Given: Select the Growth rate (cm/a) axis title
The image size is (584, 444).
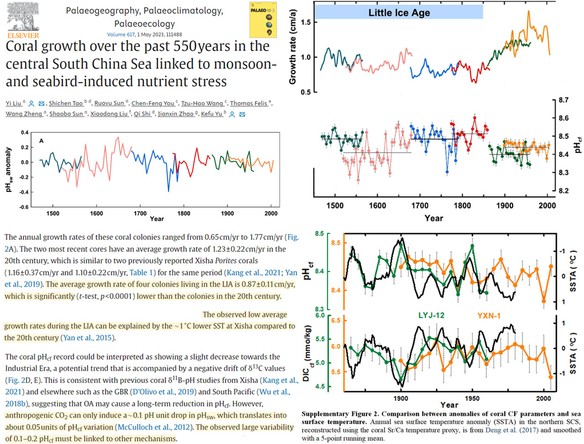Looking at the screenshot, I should click(x=290, y=47).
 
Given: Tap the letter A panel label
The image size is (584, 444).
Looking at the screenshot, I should click(x=41, y=141).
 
